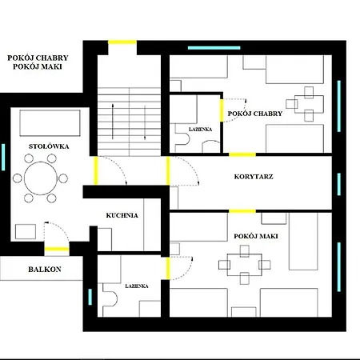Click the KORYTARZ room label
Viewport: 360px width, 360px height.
[254, 177]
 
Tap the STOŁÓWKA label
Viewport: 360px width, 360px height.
[49, 146]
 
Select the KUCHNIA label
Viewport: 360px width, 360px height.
[122, 215]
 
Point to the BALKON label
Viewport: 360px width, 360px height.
[45, 270]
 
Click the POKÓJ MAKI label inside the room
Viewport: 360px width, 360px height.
[256, 236]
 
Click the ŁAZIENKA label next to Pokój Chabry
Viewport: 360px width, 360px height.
[201, 130]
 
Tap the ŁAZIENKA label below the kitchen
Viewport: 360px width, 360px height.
[137, 286]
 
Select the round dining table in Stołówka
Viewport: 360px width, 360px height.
[41, 178]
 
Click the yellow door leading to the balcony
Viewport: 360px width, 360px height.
[57, 250]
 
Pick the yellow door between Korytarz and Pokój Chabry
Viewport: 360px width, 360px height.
[242, 154]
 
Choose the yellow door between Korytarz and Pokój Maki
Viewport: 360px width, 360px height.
[242, 211]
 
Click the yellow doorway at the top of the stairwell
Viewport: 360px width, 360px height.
[122, 42]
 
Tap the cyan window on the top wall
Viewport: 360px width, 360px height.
[214, 48]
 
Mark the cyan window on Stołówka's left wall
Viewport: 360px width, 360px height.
[3, 157]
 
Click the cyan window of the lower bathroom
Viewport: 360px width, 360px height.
[90, 297]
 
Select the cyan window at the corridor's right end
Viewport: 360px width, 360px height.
[339, 184]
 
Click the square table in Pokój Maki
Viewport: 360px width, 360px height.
[244, 265]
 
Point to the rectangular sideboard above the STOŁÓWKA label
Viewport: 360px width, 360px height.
[50, 123]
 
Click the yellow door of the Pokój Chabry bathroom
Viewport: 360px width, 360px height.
[222, 110]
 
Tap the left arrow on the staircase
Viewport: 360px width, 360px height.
[113, 122]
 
